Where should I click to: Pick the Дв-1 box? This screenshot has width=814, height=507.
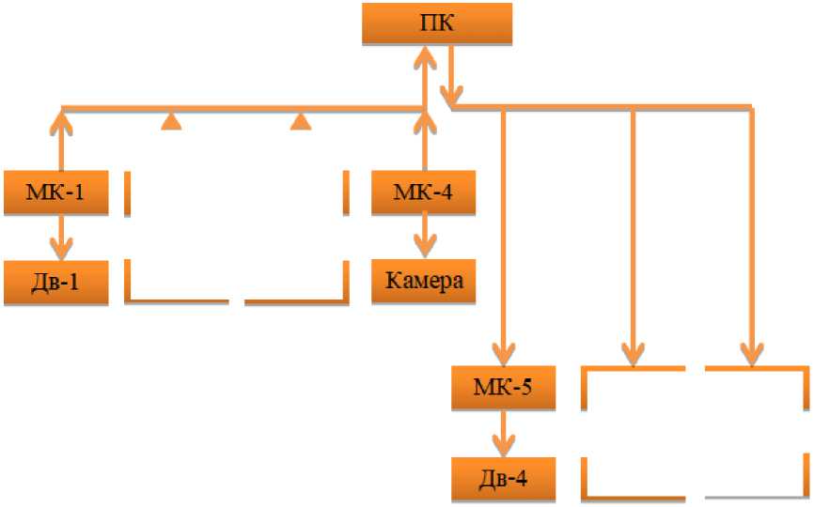62,282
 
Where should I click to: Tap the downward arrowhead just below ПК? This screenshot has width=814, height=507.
453,94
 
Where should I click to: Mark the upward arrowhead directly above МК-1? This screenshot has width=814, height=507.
62,119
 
